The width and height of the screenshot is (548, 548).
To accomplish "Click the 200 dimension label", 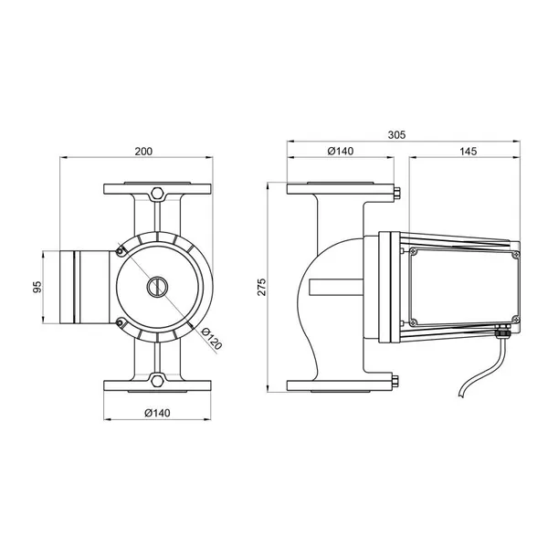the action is point(143,152).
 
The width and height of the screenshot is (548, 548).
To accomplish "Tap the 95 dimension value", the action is point(37,287).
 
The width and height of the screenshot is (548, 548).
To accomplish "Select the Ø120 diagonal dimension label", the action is point(212,339).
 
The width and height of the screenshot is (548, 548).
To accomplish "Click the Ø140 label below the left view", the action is point(157,413).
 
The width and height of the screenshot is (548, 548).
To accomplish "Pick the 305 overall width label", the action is point(396,134).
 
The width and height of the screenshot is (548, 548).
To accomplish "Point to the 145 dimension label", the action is point(468,152).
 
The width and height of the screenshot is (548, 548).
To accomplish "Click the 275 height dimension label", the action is point(262,287).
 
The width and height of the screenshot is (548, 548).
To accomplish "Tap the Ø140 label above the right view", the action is point(341,151).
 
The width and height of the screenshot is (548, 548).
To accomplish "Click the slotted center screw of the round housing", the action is point(157,287).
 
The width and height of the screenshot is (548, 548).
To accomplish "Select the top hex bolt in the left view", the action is point(157,194).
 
